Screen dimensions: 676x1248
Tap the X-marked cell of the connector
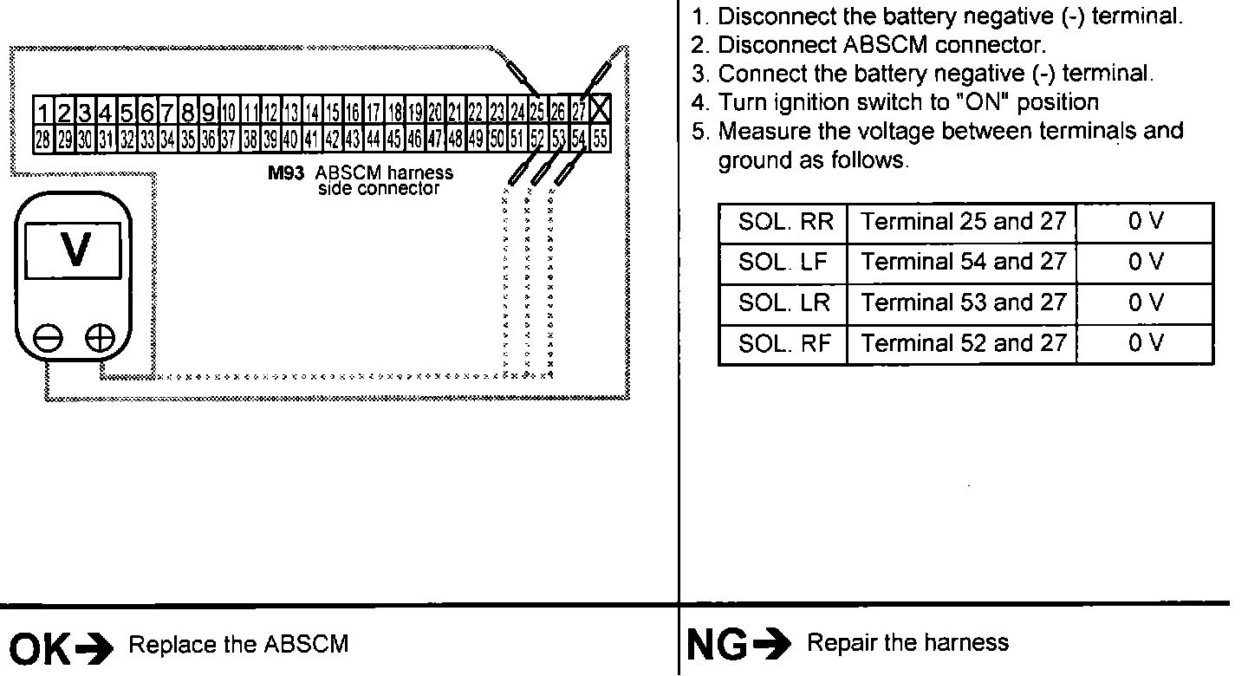tap(601, 112)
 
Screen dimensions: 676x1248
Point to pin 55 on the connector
tap(600, 137)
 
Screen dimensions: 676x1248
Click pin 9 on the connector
tap(208, 113)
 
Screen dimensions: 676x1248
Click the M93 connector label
tap(285, 173)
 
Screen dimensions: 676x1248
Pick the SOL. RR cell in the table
tap(784, 222)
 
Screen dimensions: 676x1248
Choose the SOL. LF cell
tap(784, 262)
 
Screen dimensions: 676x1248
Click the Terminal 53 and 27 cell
tap(963, 302)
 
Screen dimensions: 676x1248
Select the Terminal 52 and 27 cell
tap(963, 343)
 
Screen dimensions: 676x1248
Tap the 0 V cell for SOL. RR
tap(1145, 222)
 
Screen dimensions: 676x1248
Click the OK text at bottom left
tap(37, 647)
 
